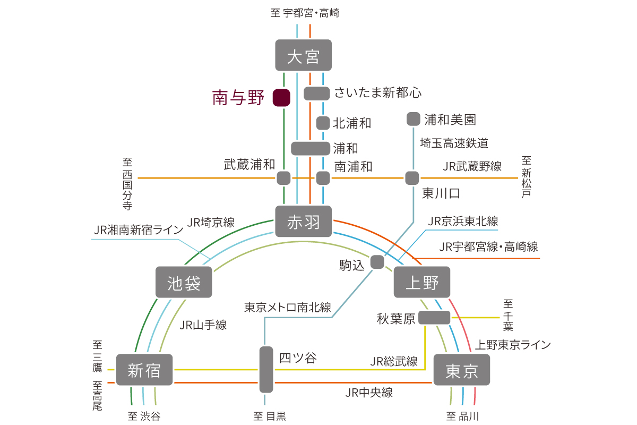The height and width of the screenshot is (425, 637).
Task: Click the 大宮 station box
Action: [x=303, y=55]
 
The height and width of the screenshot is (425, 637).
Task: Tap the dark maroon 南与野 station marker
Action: [x=281, y=98]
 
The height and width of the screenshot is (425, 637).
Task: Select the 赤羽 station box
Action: [x=303, y=221]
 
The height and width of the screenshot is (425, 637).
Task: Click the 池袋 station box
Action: [x=184, y=282]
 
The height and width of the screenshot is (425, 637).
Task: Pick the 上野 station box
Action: [x=422, y=282]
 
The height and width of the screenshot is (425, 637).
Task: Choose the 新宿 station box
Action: [x=144, y=369]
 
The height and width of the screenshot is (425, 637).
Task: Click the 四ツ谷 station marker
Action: [x=266, y=369]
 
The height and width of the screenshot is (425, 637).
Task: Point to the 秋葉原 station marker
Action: [x=434, y=318]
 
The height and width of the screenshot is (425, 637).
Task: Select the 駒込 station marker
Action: [x=377, y=262]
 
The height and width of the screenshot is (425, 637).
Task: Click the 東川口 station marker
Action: [x=412, y=178]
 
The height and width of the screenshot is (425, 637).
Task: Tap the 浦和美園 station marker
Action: [x=413, y=119]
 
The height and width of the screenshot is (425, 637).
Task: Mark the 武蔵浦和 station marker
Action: [x=283, y=178]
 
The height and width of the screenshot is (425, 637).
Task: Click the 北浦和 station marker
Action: [x=323, y=123]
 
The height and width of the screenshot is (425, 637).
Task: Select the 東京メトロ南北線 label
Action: [x=288, y=307]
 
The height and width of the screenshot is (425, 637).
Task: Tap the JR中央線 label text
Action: [x=369, y=393]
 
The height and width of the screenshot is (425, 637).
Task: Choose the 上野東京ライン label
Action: [x=513, y=345]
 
